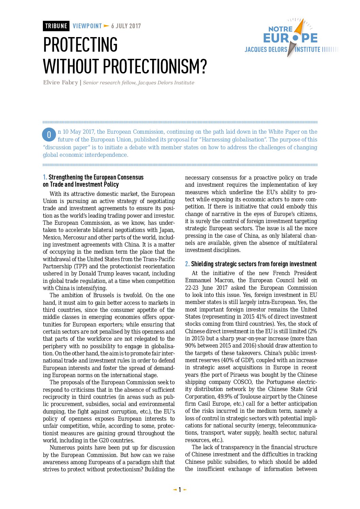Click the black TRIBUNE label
click(56, 26)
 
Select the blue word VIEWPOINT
click(87, 26)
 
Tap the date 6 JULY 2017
click(126, 26)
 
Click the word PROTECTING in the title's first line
click(80, 45)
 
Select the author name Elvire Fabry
click(60, 83)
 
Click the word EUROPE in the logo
click(290, 38)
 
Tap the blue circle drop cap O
click(49, 135)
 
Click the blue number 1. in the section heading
click(45, 177)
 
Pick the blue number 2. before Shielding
click(187, 264)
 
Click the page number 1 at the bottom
click(180, 490)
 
